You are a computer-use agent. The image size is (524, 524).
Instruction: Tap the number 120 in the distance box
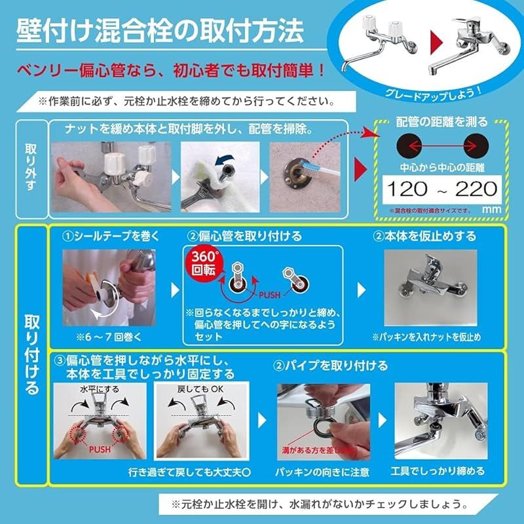click(x=407, y=190)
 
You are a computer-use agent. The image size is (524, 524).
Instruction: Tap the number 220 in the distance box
click(x=476, y=190)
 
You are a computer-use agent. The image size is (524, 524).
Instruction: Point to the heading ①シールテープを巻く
click(x=107, y=235)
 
